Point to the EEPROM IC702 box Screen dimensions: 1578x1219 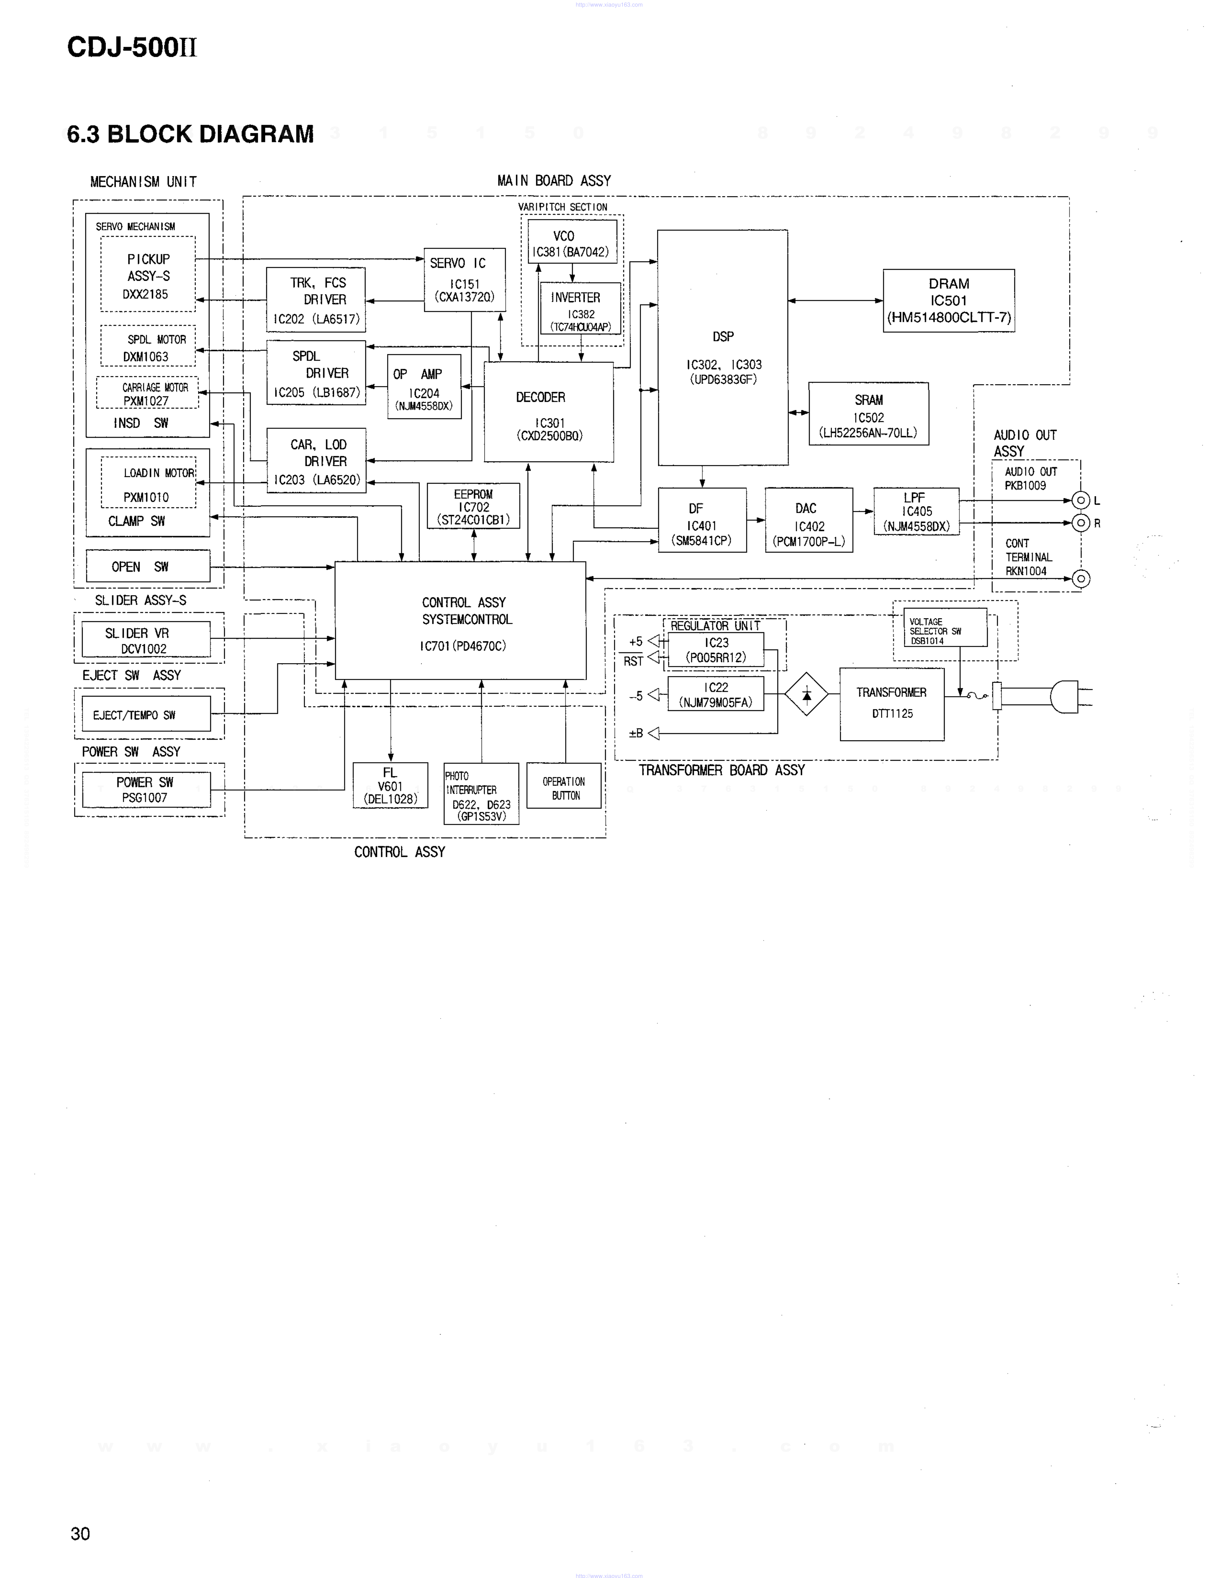tap(473, 506)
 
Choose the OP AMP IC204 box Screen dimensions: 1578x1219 tap(424, 387)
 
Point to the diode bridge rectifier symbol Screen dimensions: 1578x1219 tap(806, 694)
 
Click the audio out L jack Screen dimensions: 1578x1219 tap(1080, 500)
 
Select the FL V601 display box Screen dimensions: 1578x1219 tap(390, 785)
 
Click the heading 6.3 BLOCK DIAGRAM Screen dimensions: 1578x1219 tap(190, 134)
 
